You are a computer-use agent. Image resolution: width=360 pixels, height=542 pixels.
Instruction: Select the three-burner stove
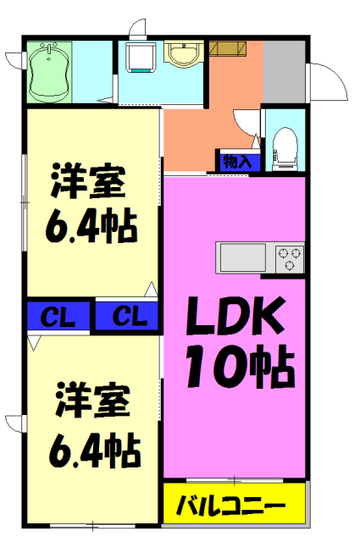(x=289, y=257)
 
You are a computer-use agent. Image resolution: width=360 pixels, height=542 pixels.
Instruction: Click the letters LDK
(x=234, y=320)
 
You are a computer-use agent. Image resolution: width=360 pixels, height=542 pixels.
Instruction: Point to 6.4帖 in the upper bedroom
(x=91, y=225)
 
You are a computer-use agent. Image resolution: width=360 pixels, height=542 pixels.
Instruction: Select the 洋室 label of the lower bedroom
(x=92, y=400)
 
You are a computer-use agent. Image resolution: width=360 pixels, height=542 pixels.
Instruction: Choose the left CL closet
(x=57, y=318)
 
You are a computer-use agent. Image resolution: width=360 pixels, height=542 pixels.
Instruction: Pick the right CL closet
(x=126, y=318)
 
